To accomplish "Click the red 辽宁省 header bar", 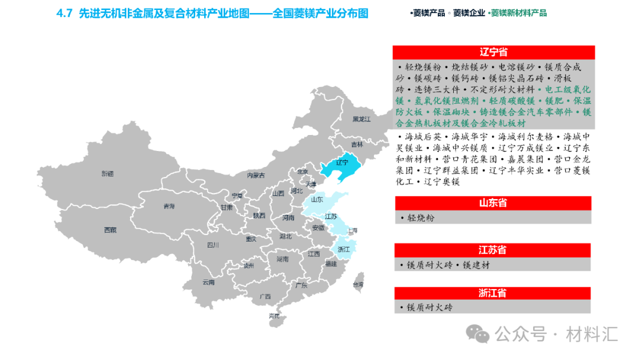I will (x=493, y=53).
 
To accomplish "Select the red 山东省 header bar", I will (x=493, y=203).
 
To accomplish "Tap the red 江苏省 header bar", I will (x=493, y=250).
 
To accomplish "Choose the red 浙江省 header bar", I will (x=493, y=293).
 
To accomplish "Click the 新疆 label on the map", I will (x=107, y=173).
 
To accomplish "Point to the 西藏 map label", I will (x=109, y=230).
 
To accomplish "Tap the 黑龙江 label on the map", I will (x=361, y=119).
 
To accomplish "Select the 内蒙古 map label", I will (x=256, y=175).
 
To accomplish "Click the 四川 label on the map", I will (x=213, y=245).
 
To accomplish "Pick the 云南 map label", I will (x=208, y=282).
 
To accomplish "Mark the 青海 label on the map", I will (x=169, y=207).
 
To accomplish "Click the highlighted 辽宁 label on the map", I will (x=342, y=162).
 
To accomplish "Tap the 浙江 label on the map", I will (x=343, y=249).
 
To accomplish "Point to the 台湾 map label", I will (x=358, y=285).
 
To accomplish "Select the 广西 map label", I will (x=264, y=296).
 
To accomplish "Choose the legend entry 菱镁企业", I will (x=469, y=13).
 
